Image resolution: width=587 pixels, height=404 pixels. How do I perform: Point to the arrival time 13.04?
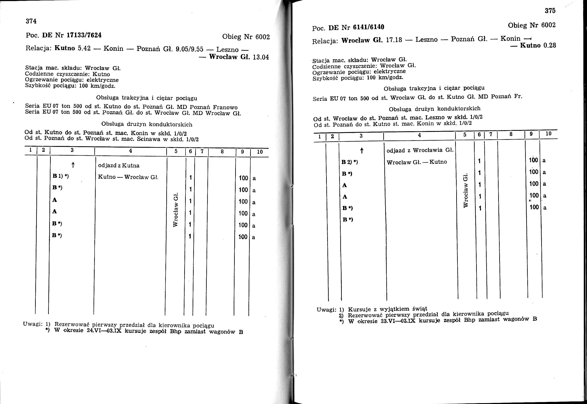[x=261, y=57]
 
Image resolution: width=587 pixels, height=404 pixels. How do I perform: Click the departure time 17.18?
[x=394, y=40]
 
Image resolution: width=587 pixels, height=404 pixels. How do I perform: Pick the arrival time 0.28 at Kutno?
[x=550, y=46]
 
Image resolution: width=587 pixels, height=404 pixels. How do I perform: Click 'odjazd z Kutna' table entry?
[x=118, y=165]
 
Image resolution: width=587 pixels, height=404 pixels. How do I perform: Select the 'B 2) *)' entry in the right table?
[x=350, y=162]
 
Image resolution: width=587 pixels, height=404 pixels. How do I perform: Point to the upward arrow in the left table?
[x=73, y=165]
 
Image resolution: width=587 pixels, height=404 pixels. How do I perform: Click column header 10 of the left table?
[x=260, y=152]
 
